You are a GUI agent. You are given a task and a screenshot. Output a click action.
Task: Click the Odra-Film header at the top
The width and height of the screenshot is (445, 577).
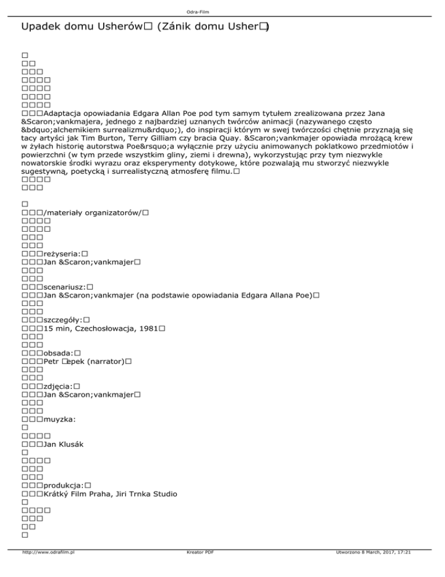[x=222, y=11]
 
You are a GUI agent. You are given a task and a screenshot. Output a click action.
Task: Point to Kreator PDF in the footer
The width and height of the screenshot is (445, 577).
[x=198, y=568]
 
